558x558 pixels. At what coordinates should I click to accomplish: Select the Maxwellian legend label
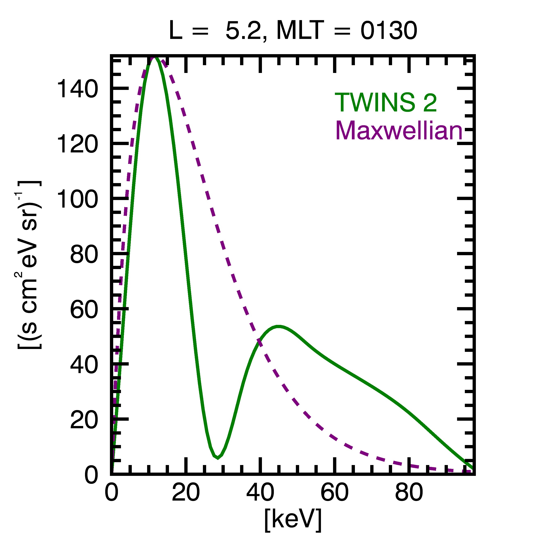tap(399, 131)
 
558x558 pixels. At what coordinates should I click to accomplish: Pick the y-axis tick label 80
tap(84, 254)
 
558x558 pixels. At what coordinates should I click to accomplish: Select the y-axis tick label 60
tap(84, 310)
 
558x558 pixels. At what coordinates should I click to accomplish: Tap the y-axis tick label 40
tap(84, 365)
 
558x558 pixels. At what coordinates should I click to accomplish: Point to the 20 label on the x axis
tap(186, 492)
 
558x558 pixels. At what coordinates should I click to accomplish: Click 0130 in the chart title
tap(388, 31)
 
